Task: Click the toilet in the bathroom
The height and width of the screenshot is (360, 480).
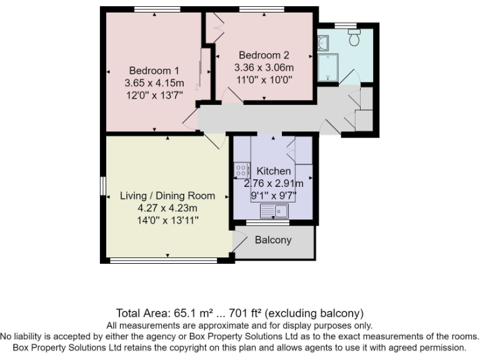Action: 354,39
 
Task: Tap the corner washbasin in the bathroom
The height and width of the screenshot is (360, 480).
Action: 323,43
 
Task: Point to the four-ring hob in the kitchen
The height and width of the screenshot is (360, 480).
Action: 241,171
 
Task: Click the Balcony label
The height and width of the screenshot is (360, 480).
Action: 273,240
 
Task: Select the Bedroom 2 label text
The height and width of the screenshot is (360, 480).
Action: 264,55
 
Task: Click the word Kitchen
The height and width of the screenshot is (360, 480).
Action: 273,171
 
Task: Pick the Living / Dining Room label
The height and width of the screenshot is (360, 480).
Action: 167,196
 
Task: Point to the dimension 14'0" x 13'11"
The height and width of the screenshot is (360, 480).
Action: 167,220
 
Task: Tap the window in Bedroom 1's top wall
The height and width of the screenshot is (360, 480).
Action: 153,9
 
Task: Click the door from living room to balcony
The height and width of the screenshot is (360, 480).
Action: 238,241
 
